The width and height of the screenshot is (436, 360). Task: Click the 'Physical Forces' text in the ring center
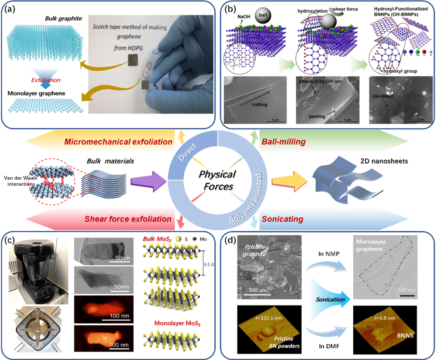click(218, 180)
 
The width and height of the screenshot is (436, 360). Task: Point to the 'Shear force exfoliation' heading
click(128, 219)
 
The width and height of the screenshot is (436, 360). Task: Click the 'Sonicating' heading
click(283, 219)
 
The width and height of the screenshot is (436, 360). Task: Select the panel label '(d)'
click(231, 242)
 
